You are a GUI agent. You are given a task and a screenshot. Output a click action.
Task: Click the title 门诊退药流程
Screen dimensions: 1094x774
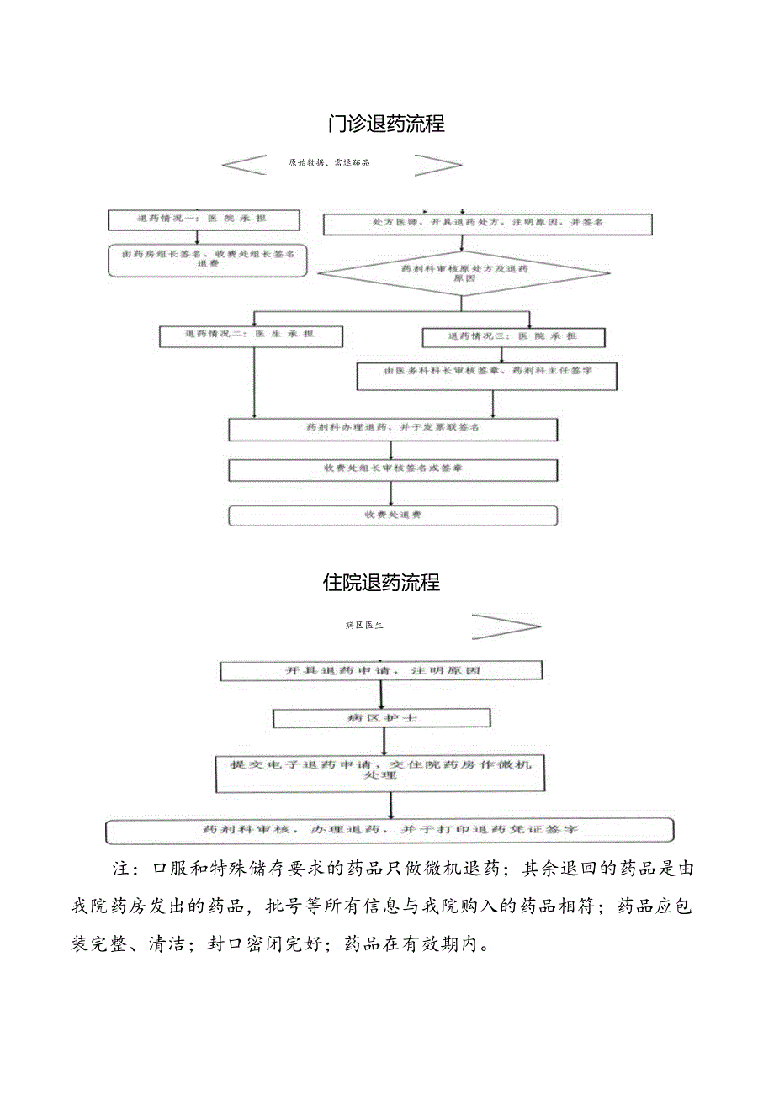[x=386, y=124]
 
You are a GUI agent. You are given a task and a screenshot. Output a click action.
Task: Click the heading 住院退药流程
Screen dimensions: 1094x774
[x=381, y=583]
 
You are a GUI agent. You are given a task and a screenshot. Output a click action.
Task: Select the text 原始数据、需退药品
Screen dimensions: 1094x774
[x=329, y=163]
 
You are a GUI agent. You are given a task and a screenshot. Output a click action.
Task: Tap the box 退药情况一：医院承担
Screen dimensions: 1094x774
[x=203, y=219]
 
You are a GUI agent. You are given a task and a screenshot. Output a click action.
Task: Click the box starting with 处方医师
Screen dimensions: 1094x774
[x=488, y=224]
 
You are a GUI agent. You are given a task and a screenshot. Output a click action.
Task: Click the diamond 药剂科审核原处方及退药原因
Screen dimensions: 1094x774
[x=464, y=272]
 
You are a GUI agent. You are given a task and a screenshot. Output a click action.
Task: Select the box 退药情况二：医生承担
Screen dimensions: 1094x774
[x=250, y=335]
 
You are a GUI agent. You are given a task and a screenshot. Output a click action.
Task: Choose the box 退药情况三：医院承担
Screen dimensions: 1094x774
[x=512, y=336]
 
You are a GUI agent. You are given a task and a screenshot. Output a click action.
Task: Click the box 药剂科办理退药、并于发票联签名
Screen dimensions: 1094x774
[x=393, y=428]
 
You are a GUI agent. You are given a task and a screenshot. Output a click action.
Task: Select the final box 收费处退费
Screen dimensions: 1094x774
[x=393, y=514]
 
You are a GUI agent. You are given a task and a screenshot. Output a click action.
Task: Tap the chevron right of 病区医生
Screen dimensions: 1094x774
[x=505, y=626]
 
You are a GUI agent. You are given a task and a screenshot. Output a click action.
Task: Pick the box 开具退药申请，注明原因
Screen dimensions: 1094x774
[x=381, y=670]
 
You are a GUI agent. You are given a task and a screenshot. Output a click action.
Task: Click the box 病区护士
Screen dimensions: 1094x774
[x=381, y=718]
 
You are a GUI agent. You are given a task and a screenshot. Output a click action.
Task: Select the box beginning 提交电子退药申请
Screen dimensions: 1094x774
[x=380, y=771]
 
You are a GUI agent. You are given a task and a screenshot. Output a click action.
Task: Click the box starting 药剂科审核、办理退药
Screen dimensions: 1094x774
[x=390, y=830]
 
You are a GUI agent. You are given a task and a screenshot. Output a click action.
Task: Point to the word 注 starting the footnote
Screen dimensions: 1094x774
[x=119, y=868]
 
